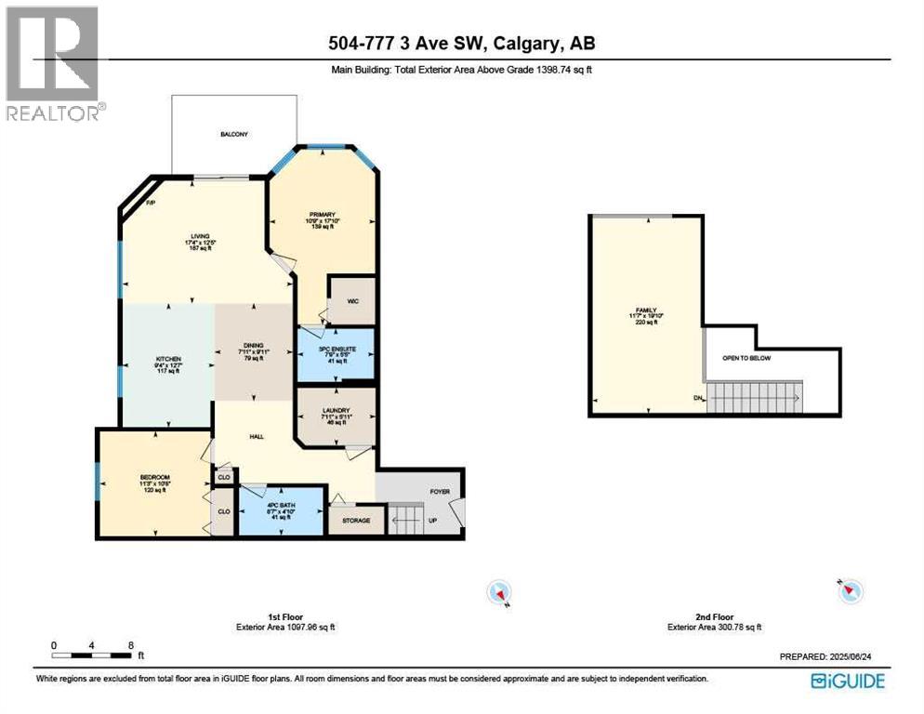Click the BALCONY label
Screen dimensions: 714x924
tap(234, 135)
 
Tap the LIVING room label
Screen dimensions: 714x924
tap(200, 236)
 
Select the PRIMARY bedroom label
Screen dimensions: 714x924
tap(322, 214)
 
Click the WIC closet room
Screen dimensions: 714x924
tap(352, 300)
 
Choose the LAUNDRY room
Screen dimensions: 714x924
tap(336, 416)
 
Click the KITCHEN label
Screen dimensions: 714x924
tap(168, 359)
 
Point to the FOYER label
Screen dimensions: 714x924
tap(440, 492)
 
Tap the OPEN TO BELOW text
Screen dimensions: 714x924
tap(746, 358)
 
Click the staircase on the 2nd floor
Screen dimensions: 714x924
tap(754, 398)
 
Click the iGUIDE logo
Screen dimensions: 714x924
tap(847, 681)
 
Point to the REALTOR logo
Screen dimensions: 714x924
tap(52, 63)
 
